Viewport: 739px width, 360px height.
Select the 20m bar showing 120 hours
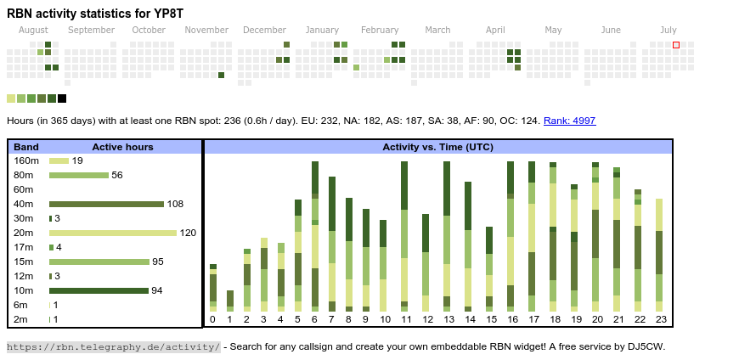point(113,233)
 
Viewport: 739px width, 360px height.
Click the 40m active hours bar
point(106,204)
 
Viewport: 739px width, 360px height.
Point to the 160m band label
point(26,160)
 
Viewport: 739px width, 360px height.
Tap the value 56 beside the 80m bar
point(117,175)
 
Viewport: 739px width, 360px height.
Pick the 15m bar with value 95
point(99,262)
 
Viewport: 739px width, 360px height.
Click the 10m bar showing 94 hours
point(99,290)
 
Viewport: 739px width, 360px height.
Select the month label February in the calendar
point(379,31)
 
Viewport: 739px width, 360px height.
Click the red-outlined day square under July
point(676,44)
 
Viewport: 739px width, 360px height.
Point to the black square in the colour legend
point(62,98)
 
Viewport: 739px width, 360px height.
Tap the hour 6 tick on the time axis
point(314,319)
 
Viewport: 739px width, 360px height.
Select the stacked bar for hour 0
point(213,288)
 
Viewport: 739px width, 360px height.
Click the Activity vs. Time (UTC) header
point(437,147)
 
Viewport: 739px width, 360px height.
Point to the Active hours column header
point(122,147)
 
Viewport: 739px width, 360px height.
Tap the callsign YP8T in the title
point(166,14)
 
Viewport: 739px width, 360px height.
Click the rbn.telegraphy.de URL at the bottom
point(113,346)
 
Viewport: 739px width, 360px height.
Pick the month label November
point(206,31)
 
